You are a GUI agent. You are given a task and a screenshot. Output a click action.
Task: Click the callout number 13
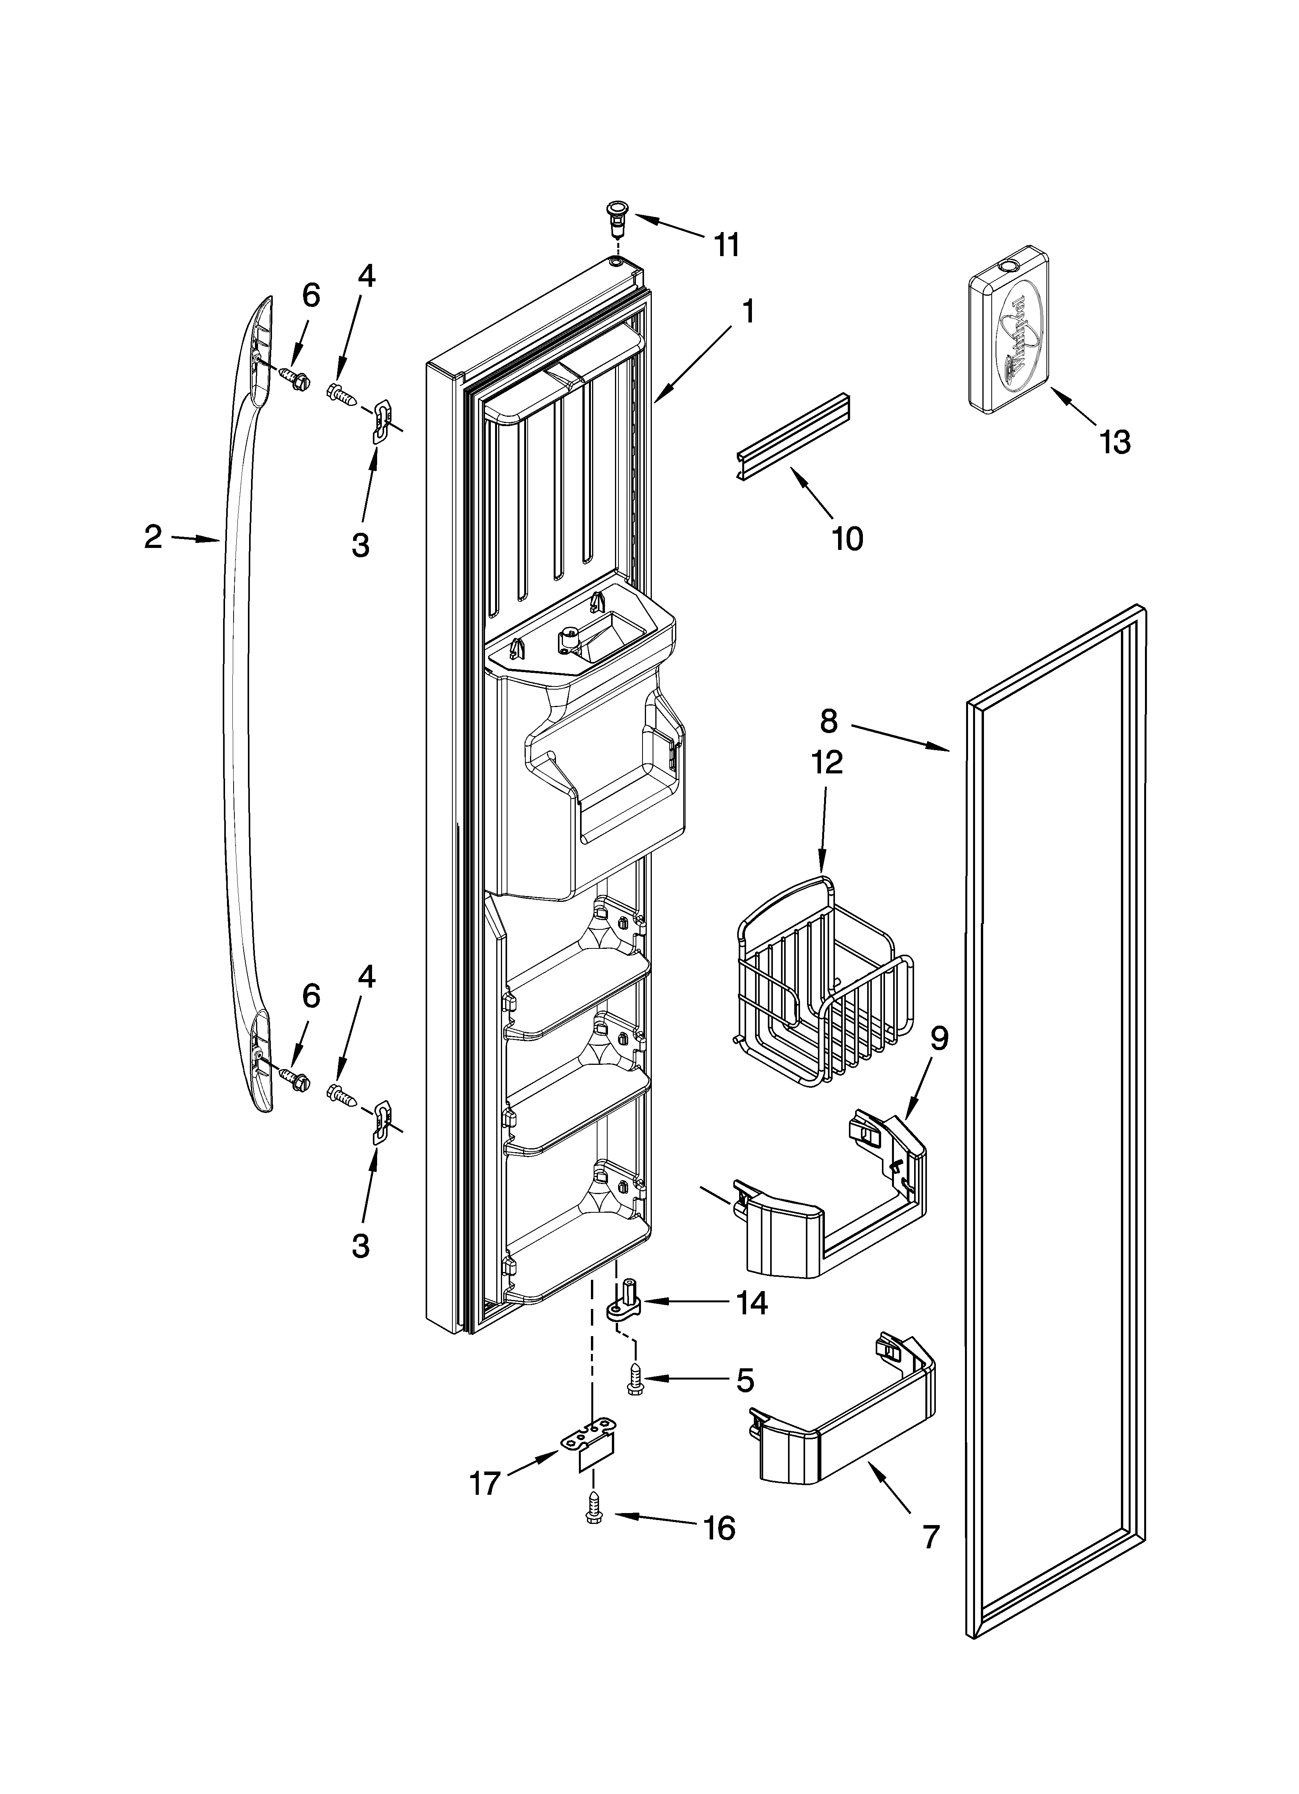coord(1114,442)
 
